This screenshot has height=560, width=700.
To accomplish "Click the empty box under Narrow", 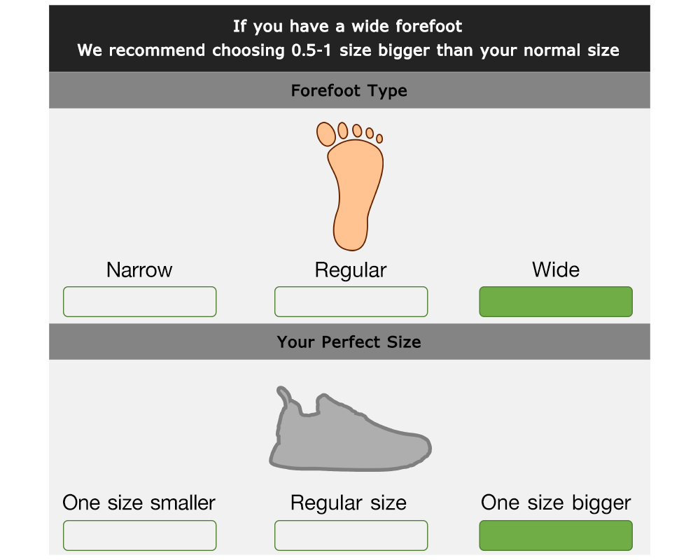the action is coord(140,302).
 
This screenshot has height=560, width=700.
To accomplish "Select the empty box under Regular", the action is coord(351,302).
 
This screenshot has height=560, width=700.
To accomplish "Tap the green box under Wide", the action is coord(556,302).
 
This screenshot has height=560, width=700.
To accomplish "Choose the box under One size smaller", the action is coord(140,535).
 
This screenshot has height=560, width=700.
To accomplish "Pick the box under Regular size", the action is coord(351,535).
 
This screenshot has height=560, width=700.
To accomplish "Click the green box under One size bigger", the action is coord(556,535).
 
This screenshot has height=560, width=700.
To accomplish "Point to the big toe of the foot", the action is coord(326,134).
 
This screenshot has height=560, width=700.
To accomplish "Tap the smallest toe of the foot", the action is coord(379,139).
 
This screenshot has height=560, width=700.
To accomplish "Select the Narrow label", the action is coord(139,269).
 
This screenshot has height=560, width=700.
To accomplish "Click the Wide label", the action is coord(556,269).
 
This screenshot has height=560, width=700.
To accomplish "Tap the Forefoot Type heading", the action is coord(349,91).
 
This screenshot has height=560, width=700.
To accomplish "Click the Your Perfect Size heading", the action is coord(349,342).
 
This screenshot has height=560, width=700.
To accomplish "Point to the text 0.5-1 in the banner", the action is coord(311,50).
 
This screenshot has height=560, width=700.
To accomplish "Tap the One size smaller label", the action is coord(139,503).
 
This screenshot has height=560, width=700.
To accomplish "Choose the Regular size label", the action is coord(349,503).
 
